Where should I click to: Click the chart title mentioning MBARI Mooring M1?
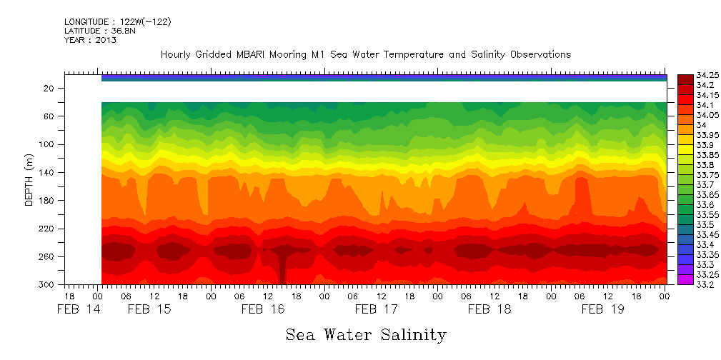[x=365, y=55]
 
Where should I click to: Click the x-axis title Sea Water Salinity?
[x=366, y=335]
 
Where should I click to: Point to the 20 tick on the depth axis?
[x=49, y=89]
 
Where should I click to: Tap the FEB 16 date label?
[x=262, y=310]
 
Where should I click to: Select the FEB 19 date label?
[x=602, y=310]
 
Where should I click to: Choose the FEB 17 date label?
[x=376, y=310]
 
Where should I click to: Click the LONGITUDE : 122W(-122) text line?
[x=117, y=22]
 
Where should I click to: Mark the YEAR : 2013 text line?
[x=90, y=41]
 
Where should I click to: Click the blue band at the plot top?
[x=384, y=77]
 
